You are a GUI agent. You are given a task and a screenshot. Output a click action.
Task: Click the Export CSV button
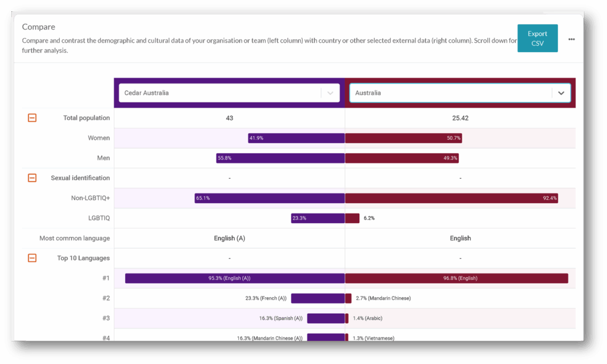[537, 38]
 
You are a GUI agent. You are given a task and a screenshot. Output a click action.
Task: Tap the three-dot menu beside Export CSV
[571, 39]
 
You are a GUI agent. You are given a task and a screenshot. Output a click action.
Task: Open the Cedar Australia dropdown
[229, 93]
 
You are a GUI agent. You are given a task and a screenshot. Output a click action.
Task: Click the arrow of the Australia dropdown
[561, 93]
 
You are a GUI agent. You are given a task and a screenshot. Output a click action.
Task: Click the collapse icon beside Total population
[32, 118]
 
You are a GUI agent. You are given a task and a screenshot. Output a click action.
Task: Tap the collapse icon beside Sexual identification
[32, 178]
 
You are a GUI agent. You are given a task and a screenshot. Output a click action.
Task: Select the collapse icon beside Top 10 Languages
[32, 258]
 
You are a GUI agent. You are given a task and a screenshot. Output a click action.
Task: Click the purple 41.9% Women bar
[296, 138]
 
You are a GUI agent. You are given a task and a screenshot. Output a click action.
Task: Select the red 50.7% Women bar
[403, 138]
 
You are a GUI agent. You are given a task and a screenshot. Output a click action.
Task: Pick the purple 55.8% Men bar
[280, 158]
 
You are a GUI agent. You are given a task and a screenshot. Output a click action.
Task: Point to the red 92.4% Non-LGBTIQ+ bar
[451, 198]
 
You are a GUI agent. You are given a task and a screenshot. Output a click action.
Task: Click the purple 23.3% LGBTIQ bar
[318, 218]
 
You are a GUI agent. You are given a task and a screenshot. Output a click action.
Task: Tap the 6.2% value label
[369, 218]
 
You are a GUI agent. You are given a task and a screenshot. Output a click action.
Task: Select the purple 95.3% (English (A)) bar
[235, 278]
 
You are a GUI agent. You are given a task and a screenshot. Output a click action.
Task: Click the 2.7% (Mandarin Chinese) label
[383, 298]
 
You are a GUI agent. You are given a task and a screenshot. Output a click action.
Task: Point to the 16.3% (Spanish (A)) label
[280, 318]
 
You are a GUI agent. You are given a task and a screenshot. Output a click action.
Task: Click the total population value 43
[229, 118]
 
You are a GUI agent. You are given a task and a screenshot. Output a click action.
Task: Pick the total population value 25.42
[460, 118]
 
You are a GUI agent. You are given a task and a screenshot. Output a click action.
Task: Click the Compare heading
[39, 27]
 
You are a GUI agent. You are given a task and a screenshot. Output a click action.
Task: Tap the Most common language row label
[75, 239]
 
